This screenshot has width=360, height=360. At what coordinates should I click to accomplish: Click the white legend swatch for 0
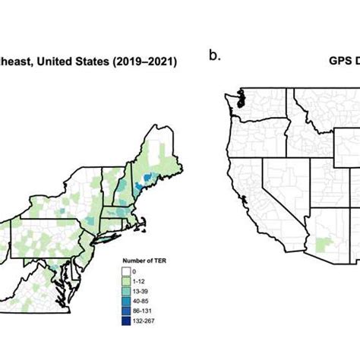tap(126, 270)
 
